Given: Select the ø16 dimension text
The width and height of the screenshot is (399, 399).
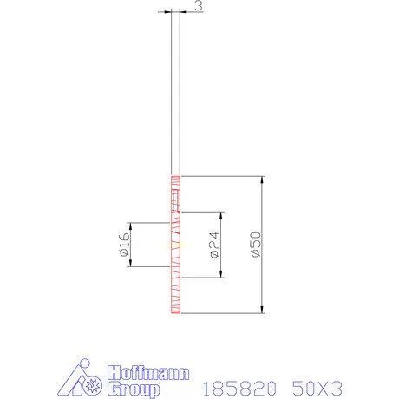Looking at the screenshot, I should click(122, 245).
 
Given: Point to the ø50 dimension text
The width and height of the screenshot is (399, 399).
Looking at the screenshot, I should click(252, 245).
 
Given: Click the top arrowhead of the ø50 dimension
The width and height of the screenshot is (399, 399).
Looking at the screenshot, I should click(261, 180).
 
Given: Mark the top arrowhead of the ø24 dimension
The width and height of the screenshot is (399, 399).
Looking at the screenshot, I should click(222, 215).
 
